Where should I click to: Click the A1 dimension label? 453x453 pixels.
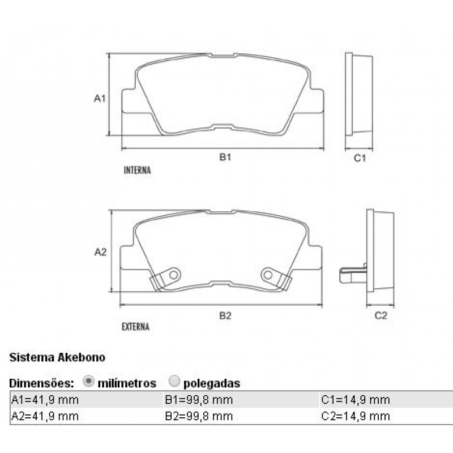100,99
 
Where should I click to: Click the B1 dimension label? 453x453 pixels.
225,157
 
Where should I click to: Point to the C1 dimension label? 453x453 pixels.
360,158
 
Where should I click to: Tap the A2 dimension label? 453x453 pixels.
100,252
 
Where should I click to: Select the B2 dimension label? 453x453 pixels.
225,315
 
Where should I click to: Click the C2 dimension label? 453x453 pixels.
381,315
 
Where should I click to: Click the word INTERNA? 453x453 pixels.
137,170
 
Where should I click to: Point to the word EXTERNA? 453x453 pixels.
136,327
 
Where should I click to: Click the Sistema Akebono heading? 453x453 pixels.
57,357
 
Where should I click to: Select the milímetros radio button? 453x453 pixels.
88,382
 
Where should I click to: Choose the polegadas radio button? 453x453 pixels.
175,382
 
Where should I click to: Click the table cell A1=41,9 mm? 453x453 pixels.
45,400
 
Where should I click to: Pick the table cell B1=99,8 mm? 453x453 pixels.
199,400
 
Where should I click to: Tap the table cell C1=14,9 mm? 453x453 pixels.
356,400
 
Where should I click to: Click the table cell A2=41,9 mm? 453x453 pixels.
45,416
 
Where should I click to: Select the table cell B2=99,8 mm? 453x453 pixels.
199,416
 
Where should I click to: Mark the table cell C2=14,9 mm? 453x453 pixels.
356,416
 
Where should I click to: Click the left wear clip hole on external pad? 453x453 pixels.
174,275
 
